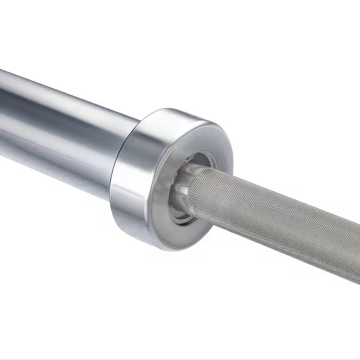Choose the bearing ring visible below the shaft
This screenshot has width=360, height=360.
pos(182,216)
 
